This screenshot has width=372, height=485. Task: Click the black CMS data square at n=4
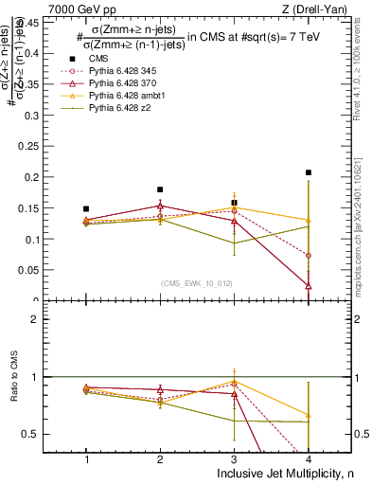pyautogui.click(x=309, y=172)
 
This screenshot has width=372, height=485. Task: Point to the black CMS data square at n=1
pyautogui.click(x=86, y=208)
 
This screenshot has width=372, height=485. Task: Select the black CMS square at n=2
pyautogui.click(x=160, y=189)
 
